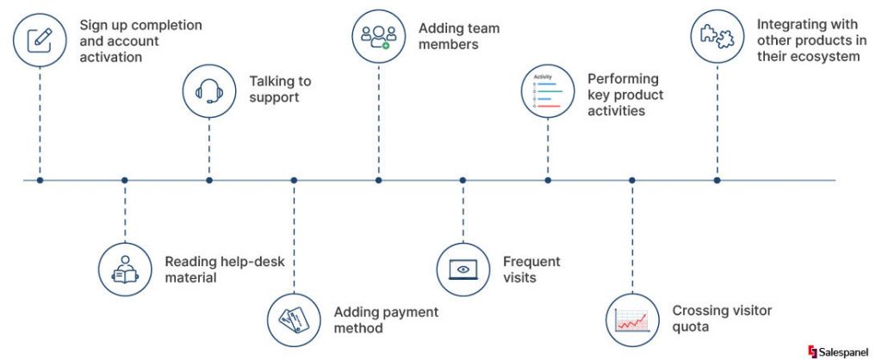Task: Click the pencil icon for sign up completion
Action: tap(40, 40)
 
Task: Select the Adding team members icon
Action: tap(378, 35)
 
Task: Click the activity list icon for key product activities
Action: tap(548, 91)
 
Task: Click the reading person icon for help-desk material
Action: tap(125, 269)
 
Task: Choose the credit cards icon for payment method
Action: tap(294, 320)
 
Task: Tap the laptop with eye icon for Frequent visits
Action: tap(463, 269)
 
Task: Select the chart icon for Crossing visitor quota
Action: tap(632, 319)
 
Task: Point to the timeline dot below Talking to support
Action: tap(209, 180)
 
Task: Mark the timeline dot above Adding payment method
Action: tap(294, 180)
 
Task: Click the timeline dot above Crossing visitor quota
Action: tap(632, 180)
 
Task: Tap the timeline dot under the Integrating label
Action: tap(717, 180)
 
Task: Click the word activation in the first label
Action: tap(110, 58)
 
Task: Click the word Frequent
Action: tap(531, 261)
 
